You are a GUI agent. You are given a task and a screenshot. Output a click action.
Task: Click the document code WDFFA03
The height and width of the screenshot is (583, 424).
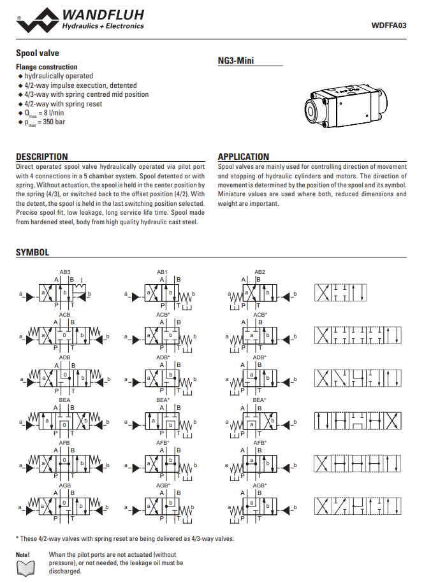point(388,26)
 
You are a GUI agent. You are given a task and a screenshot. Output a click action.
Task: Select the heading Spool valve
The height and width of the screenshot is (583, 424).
point(38,54)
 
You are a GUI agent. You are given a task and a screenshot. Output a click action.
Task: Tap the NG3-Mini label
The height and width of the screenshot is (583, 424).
point(236,61)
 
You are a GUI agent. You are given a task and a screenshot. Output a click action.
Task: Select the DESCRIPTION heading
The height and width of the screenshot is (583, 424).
point(42,157)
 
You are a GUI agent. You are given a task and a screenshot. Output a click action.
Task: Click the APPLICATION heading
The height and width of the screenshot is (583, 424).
point(244,157)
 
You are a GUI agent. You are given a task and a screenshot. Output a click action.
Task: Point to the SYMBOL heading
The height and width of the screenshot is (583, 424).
point(33,253)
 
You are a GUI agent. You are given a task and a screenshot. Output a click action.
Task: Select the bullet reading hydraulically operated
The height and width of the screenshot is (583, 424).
point(59,76)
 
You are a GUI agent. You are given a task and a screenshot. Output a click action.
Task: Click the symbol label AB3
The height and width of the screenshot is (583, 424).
point(65,272)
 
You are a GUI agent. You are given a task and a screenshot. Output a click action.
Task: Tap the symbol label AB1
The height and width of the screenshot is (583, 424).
point(162,272)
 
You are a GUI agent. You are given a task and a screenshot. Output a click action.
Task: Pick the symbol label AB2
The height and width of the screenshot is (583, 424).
point(260,272)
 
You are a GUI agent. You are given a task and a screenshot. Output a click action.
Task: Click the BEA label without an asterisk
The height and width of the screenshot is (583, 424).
point(65,400)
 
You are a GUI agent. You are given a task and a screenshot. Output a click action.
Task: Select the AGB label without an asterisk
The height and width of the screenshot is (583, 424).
point(65,485)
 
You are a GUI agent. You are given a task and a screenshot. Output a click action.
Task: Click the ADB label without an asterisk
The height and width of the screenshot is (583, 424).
point(65,357)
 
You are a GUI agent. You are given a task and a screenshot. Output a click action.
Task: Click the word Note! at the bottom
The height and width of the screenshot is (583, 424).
point(23,555)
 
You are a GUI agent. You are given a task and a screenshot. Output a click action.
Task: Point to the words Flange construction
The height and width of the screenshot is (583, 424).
point(47,67)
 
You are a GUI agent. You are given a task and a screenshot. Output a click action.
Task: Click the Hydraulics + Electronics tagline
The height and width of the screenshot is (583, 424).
point(102,26)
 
